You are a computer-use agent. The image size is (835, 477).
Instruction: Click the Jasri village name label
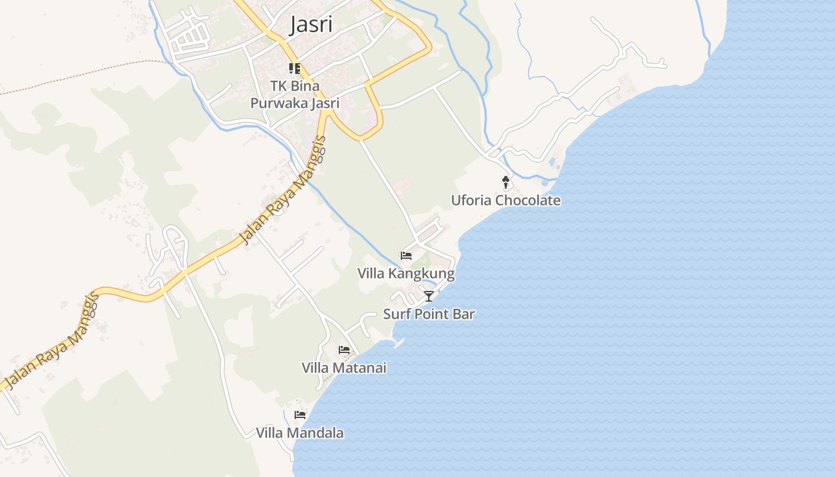(311, 25)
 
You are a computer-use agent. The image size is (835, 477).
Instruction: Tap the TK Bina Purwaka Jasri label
(295, 94)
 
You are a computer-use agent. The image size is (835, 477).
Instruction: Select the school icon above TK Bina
(295, 69)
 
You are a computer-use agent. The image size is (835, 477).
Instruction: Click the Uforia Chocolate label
(505, 200)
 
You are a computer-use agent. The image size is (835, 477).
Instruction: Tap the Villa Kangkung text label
(406, 274)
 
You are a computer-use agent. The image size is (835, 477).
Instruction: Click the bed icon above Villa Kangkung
(406, 256)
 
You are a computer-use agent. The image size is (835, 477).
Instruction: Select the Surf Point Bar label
(428, 314)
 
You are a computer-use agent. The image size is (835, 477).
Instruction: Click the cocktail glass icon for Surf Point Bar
(428, 296)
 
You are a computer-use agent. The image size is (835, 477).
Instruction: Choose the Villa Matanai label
(344, 368)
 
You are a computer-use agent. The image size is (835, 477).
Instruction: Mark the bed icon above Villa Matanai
(344, 349)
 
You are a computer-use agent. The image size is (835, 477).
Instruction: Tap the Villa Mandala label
(299, 433)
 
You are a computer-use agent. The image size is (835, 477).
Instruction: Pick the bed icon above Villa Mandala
(300, 414)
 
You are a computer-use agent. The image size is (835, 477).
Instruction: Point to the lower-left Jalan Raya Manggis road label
(51, 341)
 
